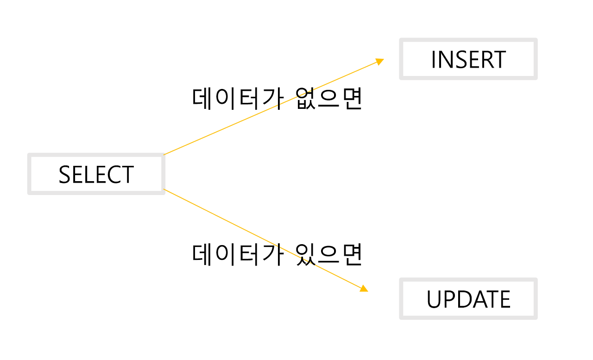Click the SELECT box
96,174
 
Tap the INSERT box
468,59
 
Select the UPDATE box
468,299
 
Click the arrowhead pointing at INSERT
380,61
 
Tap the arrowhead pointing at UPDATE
364,288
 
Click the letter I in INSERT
433,60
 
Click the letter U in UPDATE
434,300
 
